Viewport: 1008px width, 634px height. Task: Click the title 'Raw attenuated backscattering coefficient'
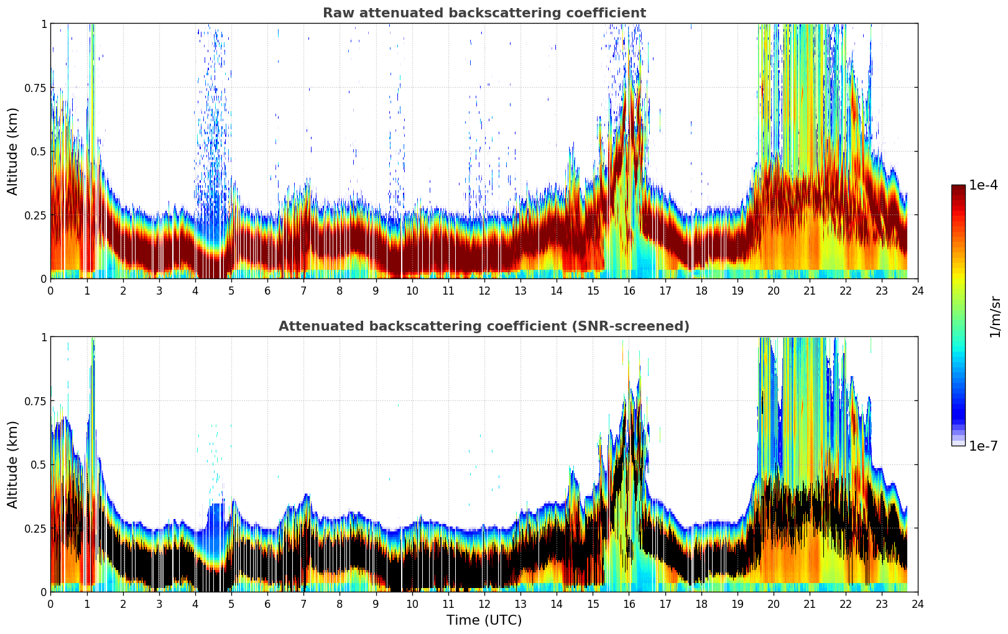pyautogui.click(x=484, y=13)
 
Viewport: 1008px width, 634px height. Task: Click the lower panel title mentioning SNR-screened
pyautogui.click(x=484, y=326)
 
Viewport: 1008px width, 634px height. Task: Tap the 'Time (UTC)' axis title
pyautogui.click(x=484, y=620)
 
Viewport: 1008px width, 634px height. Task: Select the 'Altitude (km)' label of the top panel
pyautogui.click(x=13, y=151)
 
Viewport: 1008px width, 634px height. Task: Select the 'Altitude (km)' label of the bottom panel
pyautogui.click(x=13, y=464)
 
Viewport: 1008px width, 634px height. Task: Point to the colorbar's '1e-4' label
pyautogui.click(x=983, y=185)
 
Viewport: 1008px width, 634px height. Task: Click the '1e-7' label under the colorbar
pyautogui.click(x=983, y=446)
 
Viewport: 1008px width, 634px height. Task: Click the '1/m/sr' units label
pyautogui.click(x=995, y=316)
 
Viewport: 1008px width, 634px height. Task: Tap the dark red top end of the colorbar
pyautogui.click(x=958, y=188)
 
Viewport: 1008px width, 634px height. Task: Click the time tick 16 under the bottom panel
pyautogui.click(x=629, y=604)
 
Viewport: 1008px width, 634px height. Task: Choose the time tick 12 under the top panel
pyautogui.click(x=484, y=290)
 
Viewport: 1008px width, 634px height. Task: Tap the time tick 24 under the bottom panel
pyautogui.click(x=918, y=604)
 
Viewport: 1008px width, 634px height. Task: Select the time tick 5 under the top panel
pyautogui.click(x=231, y=290)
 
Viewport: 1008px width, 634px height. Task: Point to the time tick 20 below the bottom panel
pyautogui.click(x=773, y=604)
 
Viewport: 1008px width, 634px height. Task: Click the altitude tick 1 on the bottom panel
pyautogui.click(x=44, y=337)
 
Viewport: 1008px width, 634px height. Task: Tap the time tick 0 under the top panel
pyautogui.click(x=51, y=290)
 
